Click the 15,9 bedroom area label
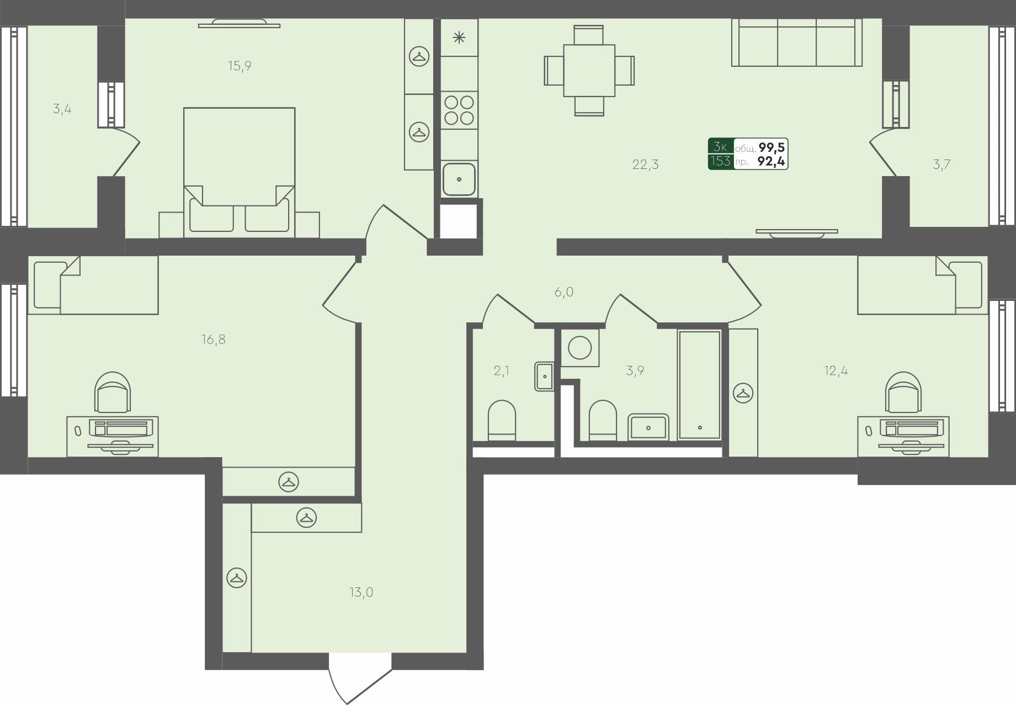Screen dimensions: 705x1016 (x=240, y=66)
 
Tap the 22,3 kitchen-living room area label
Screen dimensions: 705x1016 (x=645, y=164)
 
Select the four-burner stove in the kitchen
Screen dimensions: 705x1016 (x=459, y=110)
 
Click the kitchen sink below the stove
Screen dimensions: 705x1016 (x=459, y=179)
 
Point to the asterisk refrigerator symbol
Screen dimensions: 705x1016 (x=459, y=38)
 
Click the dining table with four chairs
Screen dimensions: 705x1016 (x=589, y=71)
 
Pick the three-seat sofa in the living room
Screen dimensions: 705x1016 (x=796, y=43)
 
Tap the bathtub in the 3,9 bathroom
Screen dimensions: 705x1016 (x=699, y=385)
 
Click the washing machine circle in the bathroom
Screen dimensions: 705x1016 (x=579, y=348)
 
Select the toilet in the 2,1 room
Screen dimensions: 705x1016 (x=502, y=421)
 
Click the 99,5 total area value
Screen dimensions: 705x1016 (x=772, y=147)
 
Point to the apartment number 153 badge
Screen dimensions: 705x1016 (x=720, y=161)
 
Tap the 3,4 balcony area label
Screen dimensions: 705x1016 (x=62, y=109)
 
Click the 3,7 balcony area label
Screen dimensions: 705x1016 (x=941, y=164)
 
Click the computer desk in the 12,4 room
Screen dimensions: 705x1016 (x=903, y=436)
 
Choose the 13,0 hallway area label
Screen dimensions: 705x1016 (x=361, y=592)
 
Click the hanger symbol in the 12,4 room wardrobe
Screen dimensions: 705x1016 (x=743, y=393)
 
